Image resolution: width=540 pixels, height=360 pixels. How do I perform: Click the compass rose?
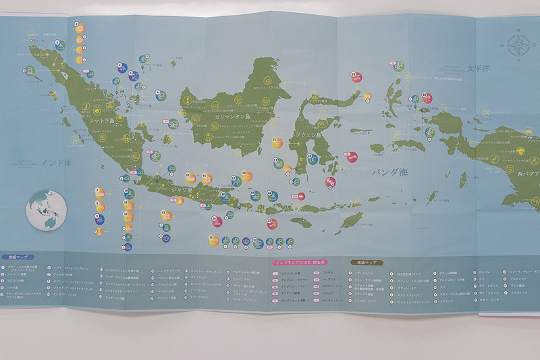(517, 45)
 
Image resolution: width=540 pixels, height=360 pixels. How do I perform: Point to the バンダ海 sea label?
(389, 172)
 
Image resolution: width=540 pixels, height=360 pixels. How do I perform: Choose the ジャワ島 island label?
(180, 190)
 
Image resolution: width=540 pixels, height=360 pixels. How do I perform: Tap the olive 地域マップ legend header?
(365, 261)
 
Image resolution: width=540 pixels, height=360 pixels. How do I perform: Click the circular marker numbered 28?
(354, 75)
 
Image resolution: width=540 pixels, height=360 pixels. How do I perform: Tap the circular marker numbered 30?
(426, 96)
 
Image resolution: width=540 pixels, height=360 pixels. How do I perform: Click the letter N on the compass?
(517, 31)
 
